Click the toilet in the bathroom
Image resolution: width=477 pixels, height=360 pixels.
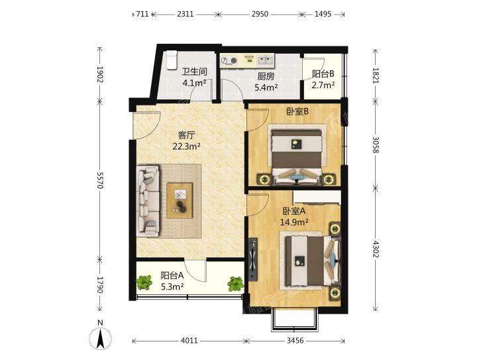click(x=172, y=60)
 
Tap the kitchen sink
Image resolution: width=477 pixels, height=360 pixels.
click(x=266, y=60)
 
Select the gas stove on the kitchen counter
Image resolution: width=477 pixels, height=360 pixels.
click(x=229, y=61)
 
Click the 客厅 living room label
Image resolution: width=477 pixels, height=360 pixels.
click(x=186, y=135)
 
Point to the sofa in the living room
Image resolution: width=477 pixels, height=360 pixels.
click(x=148, y=201)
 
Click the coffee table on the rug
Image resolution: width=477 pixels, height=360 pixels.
click(x=180, y=200)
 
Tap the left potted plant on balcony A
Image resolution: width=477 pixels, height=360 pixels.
click(x=144, y=282)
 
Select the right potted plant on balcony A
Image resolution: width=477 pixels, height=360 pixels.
click(x=235, y=284)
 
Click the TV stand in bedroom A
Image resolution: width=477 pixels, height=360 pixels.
click(x=253, y=259)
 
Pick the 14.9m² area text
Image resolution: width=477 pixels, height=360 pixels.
click(x=294, y=222)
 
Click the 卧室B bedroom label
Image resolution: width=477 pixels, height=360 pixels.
click(x=297, y=111)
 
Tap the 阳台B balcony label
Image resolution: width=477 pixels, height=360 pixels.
click(x=323, y=74)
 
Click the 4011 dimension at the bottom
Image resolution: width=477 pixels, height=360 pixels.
click(x=189, y=341)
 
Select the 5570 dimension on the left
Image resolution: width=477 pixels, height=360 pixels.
click(x=100, y=180)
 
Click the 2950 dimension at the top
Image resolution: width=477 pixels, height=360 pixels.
click(x=260, y=14)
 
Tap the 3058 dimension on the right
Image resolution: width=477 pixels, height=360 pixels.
click(x=376, y=145)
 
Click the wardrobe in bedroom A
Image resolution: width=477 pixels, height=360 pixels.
click(x=317, y=198)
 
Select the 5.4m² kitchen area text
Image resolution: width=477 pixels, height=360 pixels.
click(x=266, y=88)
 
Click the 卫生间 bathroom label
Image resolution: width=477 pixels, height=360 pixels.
click(x=194, y=72)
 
